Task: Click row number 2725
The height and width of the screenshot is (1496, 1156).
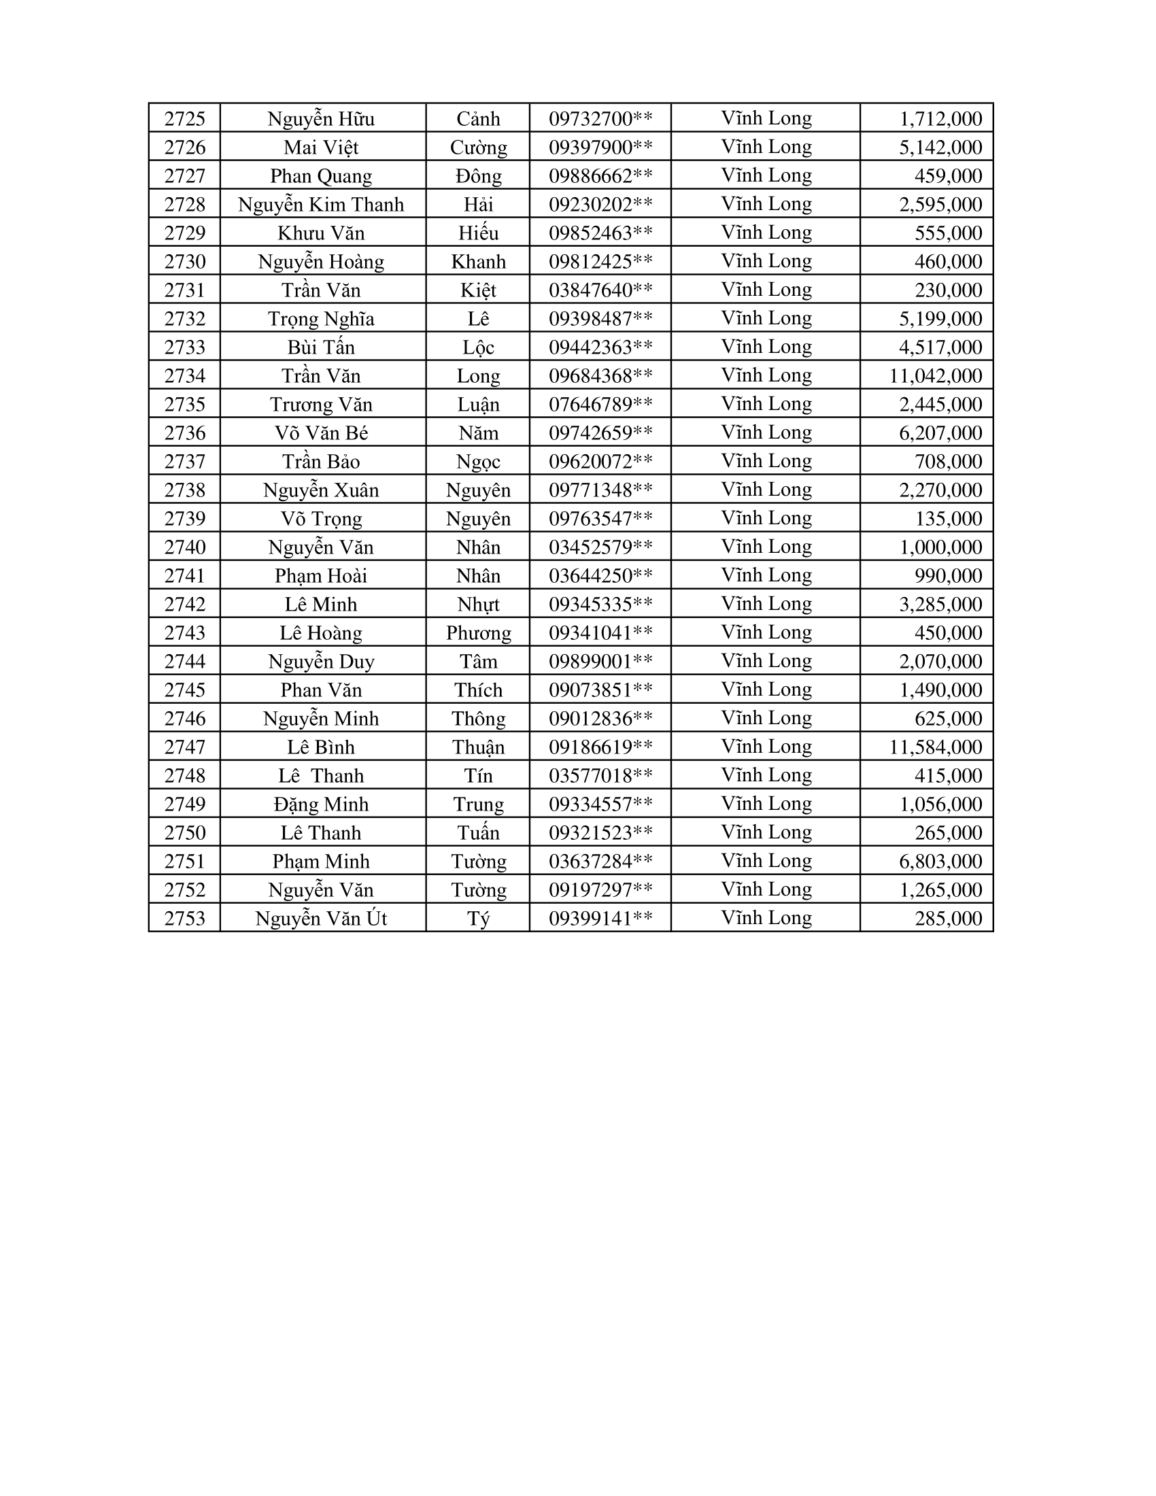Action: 185,118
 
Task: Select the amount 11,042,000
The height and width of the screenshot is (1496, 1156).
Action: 936,375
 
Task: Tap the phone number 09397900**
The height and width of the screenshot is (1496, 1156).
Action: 600,148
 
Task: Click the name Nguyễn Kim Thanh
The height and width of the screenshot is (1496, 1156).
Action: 321,204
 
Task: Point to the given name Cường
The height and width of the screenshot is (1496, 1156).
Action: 478,148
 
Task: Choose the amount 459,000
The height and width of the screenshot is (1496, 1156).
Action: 949,176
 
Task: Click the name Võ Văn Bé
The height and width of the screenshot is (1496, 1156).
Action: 321,433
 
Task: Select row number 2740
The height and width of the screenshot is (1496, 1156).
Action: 185,547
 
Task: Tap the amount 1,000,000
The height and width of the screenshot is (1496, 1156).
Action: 941,547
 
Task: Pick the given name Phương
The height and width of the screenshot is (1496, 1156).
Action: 478,633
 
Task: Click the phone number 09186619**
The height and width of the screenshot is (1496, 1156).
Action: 600,747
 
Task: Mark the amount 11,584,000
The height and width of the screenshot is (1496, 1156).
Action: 936,747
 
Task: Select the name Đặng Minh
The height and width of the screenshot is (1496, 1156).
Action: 321,804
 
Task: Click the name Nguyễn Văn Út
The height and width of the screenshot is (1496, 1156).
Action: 321,919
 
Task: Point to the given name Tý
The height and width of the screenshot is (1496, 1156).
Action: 478,919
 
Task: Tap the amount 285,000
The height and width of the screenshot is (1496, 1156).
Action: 949,919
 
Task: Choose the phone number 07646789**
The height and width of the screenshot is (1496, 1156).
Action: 600,404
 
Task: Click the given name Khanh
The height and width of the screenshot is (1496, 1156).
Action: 478,262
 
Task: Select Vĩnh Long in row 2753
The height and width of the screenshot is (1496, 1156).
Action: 766,918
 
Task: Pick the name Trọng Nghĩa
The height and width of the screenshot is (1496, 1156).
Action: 321,318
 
